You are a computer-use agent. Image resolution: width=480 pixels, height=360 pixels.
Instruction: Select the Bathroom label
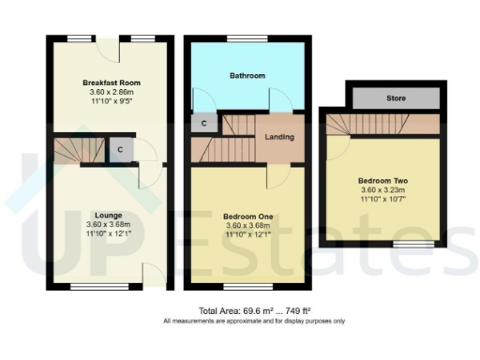[248, 75]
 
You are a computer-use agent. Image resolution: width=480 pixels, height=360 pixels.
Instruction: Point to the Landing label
[279, 138]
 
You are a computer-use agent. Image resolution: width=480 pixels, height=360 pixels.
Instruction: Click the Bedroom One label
[248, 215]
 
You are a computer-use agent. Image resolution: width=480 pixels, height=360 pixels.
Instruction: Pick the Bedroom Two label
[382, 180]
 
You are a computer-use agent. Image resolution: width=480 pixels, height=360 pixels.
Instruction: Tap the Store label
[395, 97]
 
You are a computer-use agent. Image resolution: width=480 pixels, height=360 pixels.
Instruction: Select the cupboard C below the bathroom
[203, 122]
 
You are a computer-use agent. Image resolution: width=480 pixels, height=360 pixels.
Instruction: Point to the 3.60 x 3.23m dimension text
[382, 191]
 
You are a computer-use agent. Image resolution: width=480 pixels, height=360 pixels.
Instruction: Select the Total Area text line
[254, 310]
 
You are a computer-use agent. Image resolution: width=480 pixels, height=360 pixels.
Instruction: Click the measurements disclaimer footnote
[254, 321]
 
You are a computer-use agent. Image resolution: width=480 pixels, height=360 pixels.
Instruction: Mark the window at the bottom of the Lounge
[90, 287]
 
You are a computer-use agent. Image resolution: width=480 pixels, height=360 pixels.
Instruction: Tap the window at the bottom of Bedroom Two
[406, 246]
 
